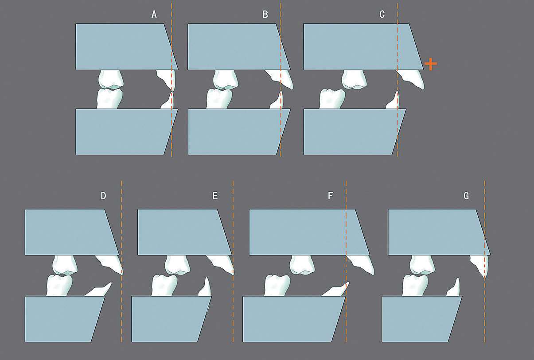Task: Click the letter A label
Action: coord(154,15)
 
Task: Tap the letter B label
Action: coord(265,15)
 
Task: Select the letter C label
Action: coord(382,15)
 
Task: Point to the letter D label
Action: coord(103,196)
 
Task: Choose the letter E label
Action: coord(215,196)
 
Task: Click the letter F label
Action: coord(330,196)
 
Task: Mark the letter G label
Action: coord(466,196)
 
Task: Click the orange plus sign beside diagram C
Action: coord(431,64)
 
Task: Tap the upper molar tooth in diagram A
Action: coord(111,79)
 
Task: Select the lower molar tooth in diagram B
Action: coord(219,99)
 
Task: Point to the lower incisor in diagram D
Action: coord(99,290)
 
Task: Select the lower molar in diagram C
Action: coord(332,99)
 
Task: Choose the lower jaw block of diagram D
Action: coord(65,319)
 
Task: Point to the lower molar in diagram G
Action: coord(415,286)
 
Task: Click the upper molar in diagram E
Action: coord(178,264)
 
